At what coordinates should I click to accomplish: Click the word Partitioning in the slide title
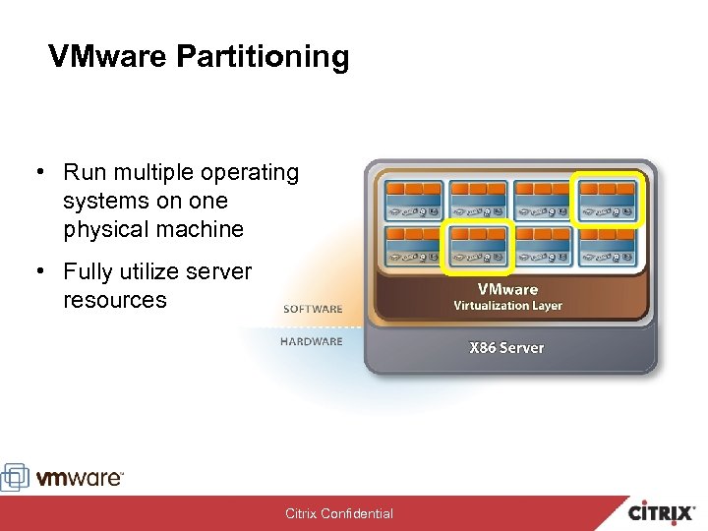pos(263,57)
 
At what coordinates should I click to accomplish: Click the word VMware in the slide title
pos(109,57)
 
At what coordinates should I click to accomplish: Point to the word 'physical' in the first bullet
pos(103,229)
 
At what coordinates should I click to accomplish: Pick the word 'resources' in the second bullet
pos(114,300)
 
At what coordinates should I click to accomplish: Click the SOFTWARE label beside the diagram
pos(313,309)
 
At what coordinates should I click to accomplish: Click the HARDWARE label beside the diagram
pos(312,341)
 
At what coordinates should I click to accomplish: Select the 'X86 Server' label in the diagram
pos(506,348)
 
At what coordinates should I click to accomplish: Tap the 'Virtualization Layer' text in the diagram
pos(507,306)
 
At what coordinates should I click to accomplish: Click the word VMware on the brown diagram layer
pos(507,289)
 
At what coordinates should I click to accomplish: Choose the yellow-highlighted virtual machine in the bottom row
pos(478,246)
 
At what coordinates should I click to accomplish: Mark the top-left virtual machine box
pos(414,200)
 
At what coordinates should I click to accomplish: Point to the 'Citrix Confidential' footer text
pos(339,513)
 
